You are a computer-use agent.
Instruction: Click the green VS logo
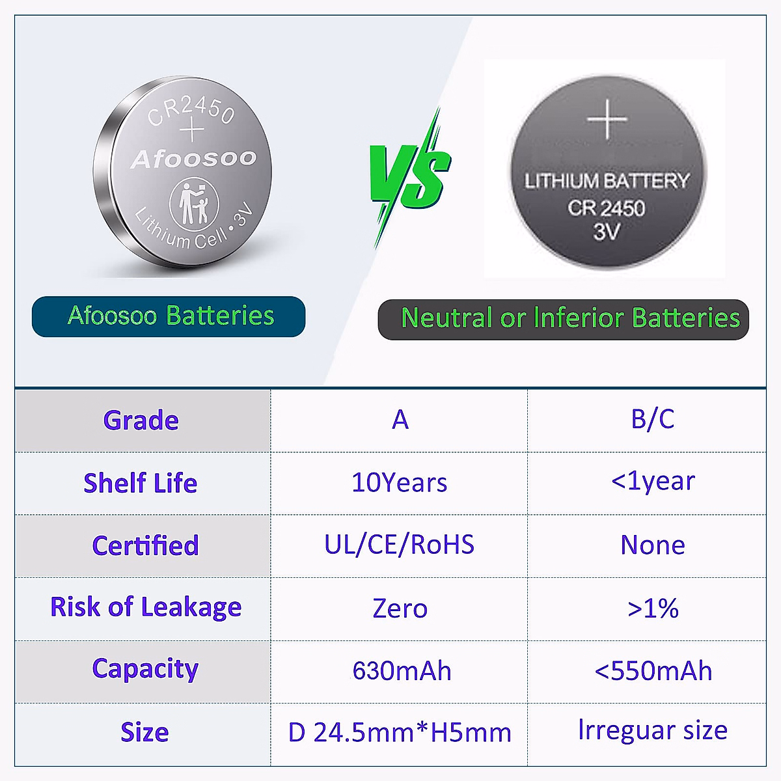point(409,178)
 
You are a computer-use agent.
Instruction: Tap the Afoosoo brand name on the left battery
point(193,158)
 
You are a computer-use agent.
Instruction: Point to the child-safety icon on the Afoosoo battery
point(194,204)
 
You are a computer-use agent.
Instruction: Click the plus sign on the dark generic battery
point(607,118)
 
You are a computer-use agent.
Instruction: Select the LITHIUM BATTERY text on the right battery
point(607,181)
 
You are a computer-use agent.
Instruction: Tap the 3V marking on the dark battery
point(607,232)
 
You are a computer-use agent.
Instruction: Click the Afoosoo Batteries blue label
point(169,316)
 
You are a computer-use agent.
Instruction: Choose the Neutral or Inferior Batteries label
point(564,320)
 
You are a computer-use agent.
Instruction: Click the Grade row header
point(141,420)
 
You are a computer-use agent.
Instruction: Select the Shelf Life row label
point(140,483)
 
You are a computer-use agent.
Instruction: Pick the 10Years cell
point(399,482)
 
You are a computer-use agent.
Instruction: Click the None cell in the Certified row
point(653,545)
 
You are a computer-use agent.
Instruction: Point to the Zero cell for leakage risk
point(400,608)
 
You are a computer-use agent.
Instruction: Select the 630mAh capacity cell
point(402,670)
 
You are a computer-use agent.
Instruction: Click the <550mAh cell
point(653,671)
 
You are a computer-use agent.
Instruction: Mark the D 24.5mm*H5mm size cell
point(400,733)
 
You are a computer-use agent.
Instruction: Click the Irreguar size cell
point(653,730)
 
